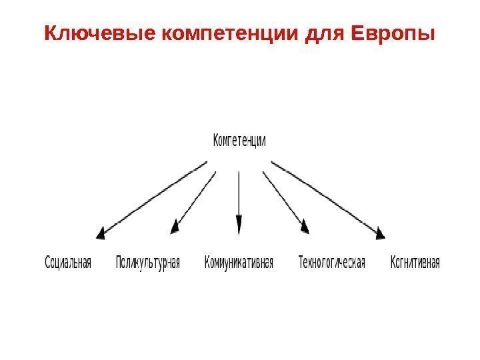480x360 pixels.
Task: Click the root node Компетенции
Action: click(x=239, y=141)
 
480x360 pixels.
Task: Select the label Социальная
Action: click(x=67, y=262)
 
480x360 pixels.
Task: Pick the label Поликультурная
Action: click(x=148, y=262)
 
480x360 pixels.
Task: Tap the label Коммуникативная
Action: click(x=239, y=262)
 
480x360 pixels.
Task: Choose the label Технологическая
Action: click(x=331, y=262)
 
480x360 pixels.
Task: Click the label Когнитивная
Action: click(x=415, y=262)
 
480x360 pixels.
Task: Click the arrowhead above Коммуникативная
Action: click(x=239, y=225)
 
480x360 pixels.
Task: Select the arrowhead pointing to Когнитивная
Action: click(x=380, y=232)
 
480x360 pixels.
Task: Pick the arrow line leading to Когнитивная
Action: click(x=327, y=197)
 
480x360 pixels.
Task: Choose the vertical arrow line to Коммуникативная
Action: click(x=239, y=193)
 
